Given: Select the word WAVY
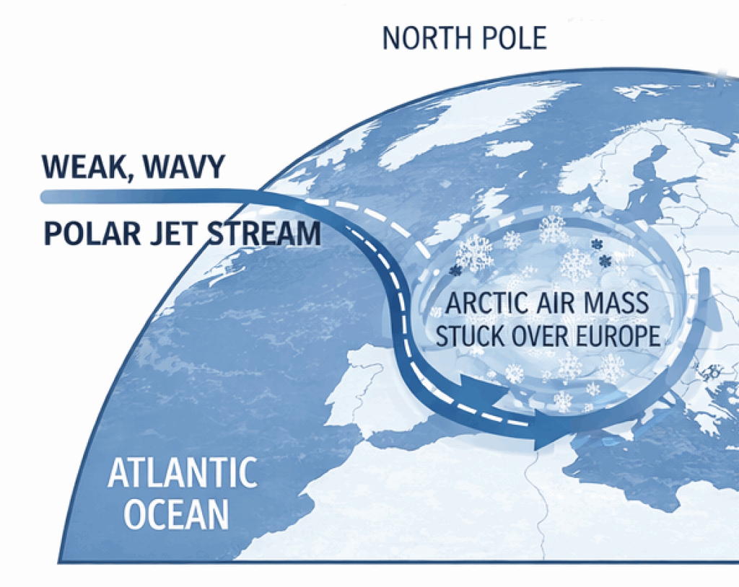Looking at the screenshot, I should coord(184,167).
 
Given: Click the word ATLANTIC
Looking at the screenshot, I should coord(182,474).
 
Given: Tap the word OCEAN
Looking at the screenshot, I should coord(176,514).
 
